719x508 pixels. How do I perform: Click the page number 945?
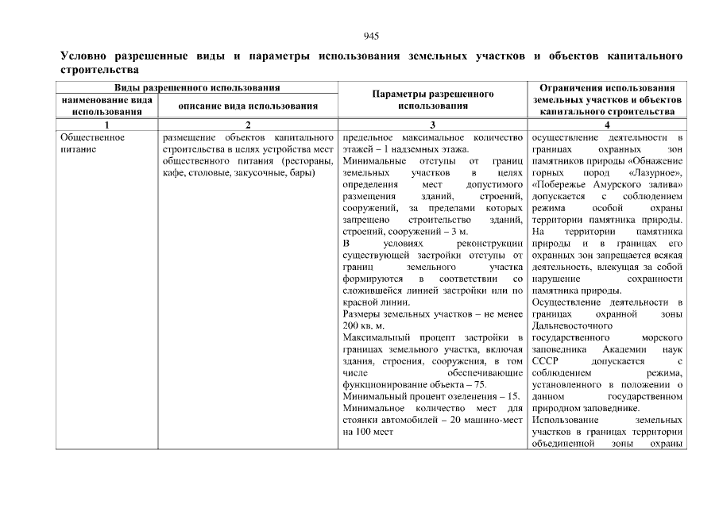coord(371,36)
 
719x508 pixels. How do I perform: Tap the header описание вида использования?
coord(248,106)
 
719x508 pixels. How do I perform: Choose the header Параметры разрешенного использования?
coord(433,99)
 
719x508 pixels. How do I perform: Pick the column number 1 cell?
coord(106,125)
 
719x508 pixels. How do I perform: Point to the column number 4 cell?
coord(607,125)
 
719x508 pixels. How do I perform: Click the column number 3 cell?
coord(433,125)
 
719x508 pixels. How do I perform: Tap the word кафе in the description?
coord(172,172)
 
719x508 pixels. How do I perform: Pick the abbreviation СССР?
coord(546,361)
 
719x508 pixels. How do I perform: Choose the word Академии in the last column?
coord(624,349)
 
